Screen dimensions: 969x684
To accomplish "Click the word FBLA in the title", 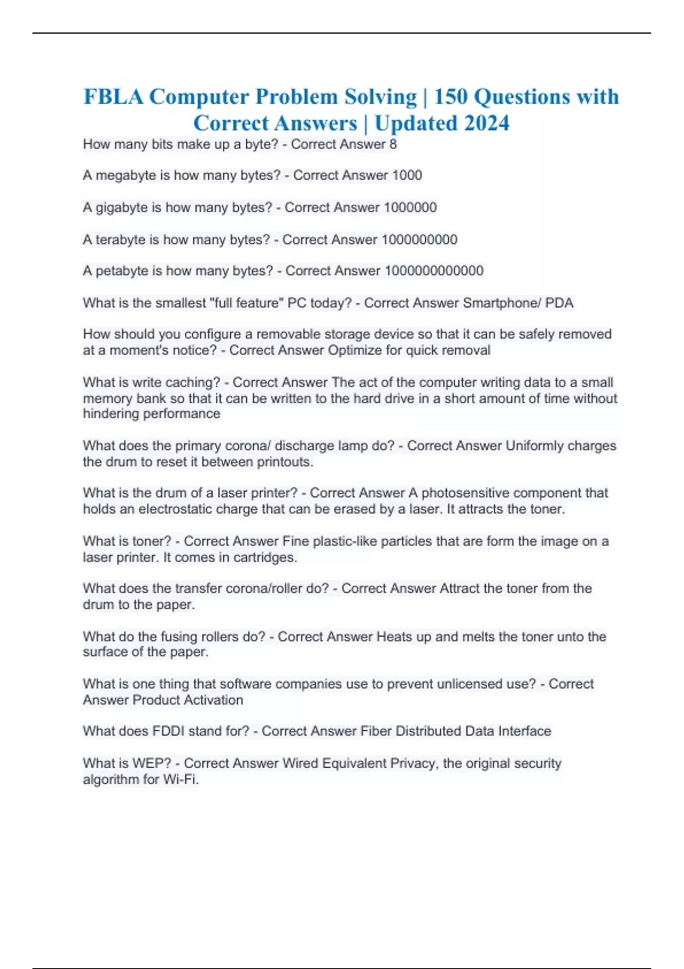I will (x=113, y=97).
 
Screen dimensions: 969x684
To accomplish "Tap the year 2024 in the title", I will (x=486, y=123).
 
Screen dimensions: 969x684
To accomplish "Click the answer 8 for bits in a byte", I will (x=393, y=144).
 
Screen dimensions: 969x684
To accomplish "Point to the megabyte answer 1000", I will (x=407, y=176).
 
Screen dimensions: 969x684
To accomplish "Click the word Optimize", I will (x=355, y=350).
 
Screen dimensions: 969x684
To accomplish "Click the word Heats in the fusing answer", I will (x=394, y=637).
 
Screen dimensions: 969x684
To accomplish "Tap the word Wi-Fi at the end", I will (x=180, y=779).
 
